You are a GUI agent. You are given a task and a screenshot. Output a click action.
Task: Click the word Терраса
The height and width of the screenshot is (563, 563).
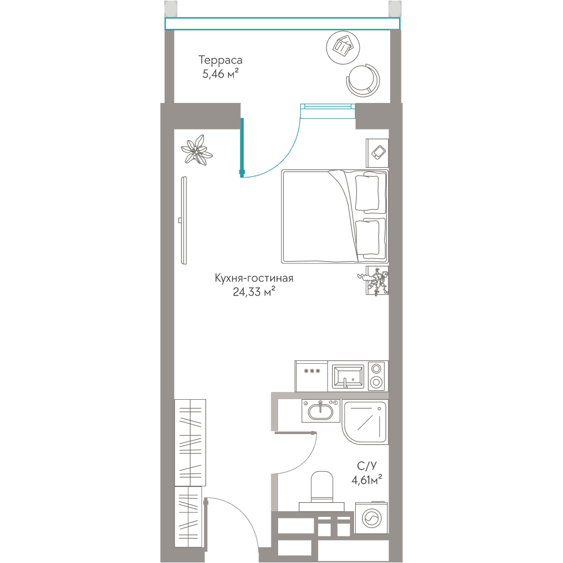220,60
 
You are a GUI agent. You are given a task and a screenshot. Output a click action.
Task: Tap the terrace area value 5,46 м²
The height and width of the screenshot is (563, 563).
221,74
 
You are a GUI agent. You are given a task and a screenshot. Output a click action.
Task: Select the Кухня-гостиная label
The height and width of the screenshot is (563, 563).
254,278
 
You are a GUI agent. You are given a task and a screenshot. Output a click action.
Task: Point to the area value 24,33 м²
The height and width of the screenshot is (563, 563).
254,292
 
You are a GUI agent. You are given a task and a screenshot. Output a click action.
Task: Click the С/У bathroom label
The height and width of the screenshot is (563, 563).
367,466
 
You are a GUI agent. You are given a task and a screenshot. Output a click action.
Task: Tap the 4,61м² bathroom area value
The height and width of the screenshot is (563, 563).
367,480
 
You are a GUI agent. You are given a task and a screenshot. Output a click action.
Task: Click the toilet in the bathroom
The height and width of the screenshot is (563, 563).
321,491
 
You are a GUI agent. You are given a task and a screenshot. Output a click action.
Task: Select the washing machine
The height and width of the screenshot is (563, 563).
372,517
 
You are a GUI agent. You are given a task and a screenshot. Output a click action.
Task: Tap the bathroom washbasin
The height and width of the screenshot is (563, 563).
321,411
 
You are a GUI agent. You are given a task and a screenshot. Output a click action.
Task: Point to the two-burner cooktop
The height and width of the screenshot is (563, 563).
376,376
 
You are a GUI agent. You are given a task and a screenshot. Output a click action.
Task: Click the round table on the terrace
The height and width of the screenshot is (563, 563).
343,48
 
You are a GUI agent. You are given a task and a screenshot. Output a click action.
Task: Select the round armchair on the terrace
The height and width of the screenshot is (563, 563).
363,80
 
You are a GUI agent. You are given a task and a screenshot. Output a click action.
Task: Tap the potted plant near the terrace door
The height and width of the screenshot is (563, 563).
196,150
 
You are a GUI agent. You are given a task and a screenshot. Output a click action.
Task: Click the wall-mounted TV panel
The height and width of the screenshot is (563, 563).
184,221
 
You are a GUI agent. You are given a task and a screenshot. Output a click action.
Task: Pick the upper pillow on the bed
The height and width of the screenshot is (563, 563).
367,193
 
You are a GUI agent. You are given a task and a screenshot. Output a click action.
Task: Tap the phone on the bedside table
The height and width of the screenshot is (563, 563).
379,152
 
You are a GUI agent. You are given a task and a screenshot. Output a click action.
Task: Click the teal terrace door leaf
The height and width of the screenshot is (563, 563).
242,147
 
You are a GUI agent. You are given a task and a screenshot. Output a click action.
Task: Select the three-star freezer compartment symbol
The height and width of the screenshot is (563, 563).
312,371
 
